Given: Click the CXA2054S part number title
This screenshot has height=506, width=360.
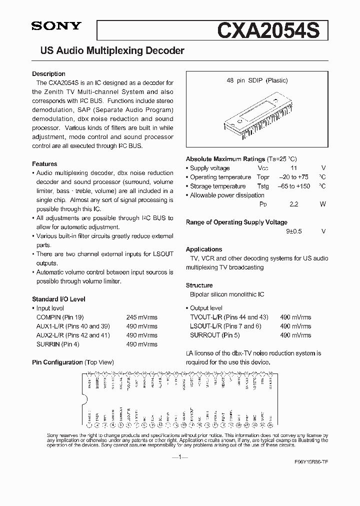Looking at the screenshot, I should tap(271, 29).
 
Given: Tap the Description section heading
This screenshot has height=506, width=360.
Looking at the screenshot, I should tap(48, 74).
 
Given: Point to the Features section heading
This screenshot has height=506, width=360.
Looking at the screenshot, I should tap(44, 164).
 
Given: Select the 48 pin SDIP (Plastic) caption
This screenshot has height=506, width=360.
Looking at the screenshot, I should tap(256, 80).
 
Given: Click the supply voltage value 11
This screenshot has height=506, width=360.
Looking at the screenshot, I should tap(293, 168).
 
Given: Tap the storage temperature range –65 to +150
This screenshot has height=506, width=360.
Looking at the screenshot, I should tap(294, 186).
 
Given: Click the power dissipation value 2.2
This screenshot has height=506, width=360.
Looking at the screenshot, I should tap(293, 204).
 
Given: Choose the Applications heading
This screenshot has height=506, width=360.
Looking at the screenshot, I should tap(204, 249).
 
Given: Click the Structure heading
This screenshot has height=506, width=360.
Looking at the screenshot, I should tap(199, 285).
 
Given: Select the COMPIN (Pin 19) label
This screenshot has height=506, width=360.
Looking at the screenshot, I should tap(56, 317).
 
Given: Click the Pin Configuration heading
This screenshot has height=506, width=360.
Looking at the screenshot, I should tap(57, 362).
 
